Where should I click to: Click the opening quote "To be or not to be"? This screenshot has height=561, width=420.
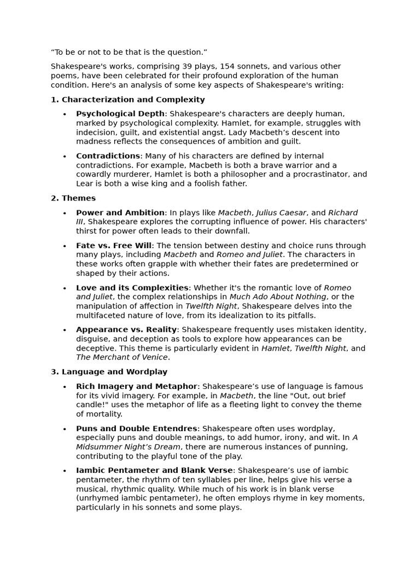tap(129, 52)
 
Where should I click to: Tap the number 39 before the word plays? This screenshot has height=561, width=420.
tap(189, 66)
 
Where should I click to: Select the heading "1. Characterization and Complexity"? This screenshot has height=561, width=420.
tap(127, 100)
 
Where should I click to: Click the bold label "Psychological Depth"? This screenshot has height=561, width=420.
tap(120, 114)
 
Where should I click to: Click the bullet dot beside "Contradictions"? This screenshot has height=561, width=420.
tap(65, 157)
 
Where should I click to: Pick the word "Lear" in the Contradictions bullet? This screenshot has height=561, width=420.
tap(85, 184)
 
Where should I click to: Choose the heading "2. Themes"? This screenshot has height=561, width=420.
tap(73, 198)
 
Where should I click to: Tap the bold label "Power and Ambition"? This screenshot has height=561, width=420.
tap(120, 213)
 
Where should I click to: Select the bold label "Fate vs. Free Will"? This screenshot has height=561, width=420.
tap(114, 245)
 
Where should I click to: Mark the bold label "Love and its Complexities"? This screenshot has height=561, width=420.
tap(132, 288)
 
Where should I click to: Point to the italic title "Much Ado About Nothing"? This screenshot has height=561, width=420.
tap(278, 297)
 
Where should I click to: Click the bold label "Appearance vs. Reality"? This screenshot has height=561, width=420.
tap(126, 330)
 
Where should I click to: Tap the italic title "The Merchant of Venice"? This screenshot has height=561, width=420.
tap(122, 357)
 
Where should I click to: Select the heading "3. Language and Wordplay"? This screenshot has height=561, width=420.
tap(109, 372)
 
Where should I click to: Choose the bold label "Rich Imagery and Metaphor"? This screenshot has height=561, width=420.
tap(136, 386)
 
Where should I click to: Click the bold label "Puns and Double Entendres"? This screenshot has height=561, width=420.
tap(136, 428)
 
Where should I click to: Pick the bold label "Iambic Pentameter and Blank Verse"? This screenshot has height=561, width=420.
tap(155, 471)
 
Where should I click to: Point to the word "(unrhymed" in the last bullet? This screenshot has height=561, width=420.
tap(96, 498)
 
